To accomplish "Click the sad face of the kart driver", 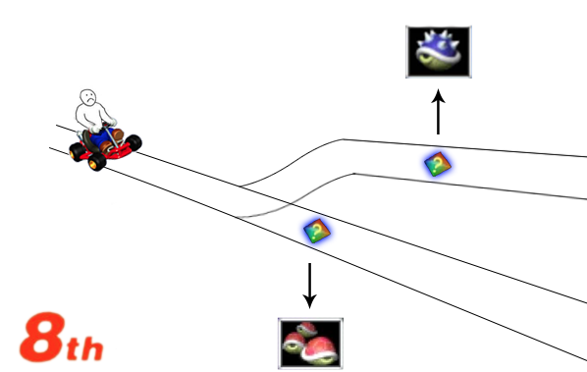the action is (88, 97).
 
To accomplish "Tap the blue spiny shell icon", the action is (439, 52).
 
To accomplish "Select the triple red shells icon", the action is (310, 344).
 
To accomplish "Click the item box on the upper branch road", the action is (437, 164).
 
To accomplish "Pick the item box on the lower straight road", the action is (317, 231).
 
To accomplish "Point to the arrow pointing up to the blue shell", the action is (438, 112).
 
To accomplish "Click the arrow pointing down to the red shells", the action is (309, 286).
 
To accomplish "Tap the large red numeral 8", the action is (42, 338).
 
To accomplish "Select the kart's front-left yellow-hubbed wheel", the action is (96, 162).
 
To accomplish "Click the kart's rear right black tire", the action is (133, 142).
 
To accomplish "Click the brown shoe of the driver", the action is (117, 134).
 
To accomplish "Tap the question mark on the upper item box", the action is (438, 163).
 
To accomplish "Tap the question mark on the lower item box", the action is (317, 230).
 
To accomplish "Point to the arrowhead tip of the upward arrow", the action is (438, 89).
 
